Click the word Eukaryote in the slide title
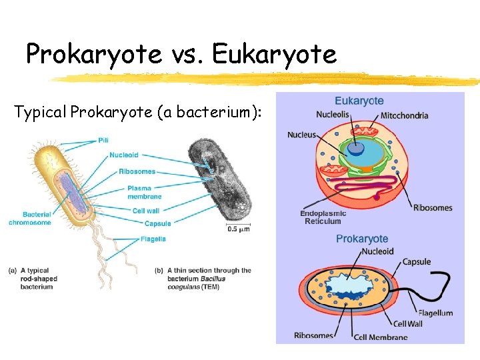(x=274, y=54)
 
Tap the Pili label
(x=103, y=140)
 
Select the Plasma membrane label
(x=144, y=192)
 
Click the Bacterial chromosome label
(x=29, y=219)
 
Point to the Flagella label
(x=153, y=239)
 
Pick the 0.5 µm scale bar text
(x=239, y=229)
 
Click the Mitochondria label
(x=404, y=115)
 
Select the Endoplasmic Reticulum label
(x=323, y=217)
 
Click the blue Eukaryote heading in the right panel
(x=359, y=101)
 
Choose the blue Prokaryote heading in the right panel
(x=362, y=238)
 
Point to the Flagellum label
(x=435, y=313)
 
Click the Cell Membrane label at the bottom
(x=381, y=337)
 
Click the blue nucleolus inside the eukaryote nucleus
(x=357, y=148)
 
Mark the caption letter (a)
(x=13, y=270)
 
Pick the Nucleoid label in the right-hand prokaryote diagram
(x=378, y=251)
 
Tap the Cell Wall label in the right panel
(x=408, y=324)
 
